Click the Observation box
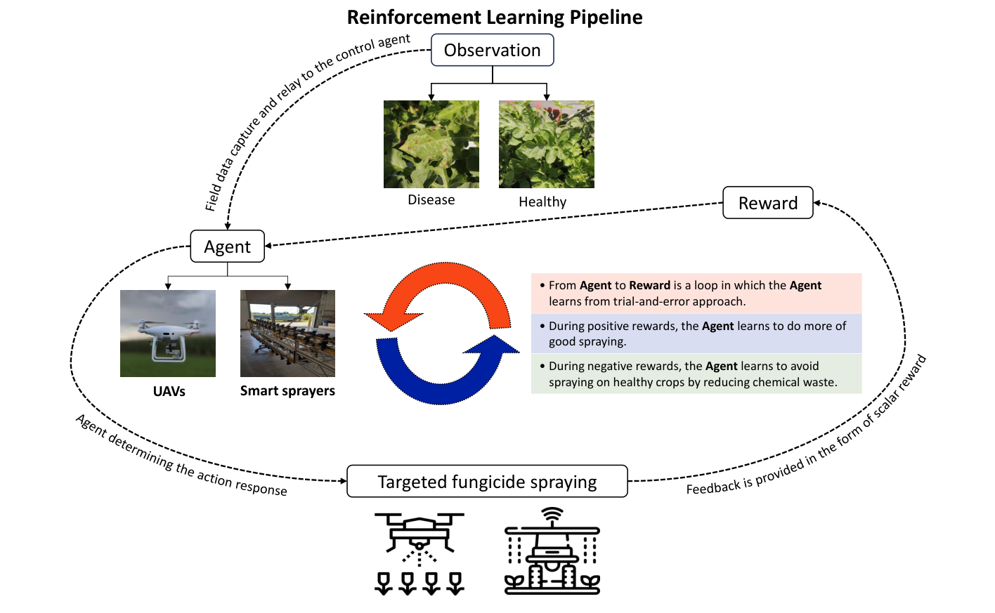(492, 50)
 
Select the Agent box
(228, 246)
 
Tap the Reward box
(768, 203)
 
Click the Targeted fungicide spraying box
(487, 482)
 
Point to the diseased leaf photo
(431, 144)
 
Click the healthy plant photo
(547, 144)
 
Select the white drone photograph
(168, 334)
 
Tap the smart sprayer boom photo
(288, 334)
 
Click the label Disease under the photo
(431, 200)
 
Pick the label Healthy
(542, 202)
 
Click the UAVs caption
(169, 392)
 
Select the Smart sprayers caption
(287, 391)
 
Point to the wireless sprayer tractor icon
(552, 551)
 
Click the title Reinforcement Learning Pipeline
(495, 18)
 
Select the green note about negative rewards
(696, 374)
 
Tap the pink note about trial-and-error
(696, 294)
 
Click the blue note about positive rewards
(696, 334)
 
